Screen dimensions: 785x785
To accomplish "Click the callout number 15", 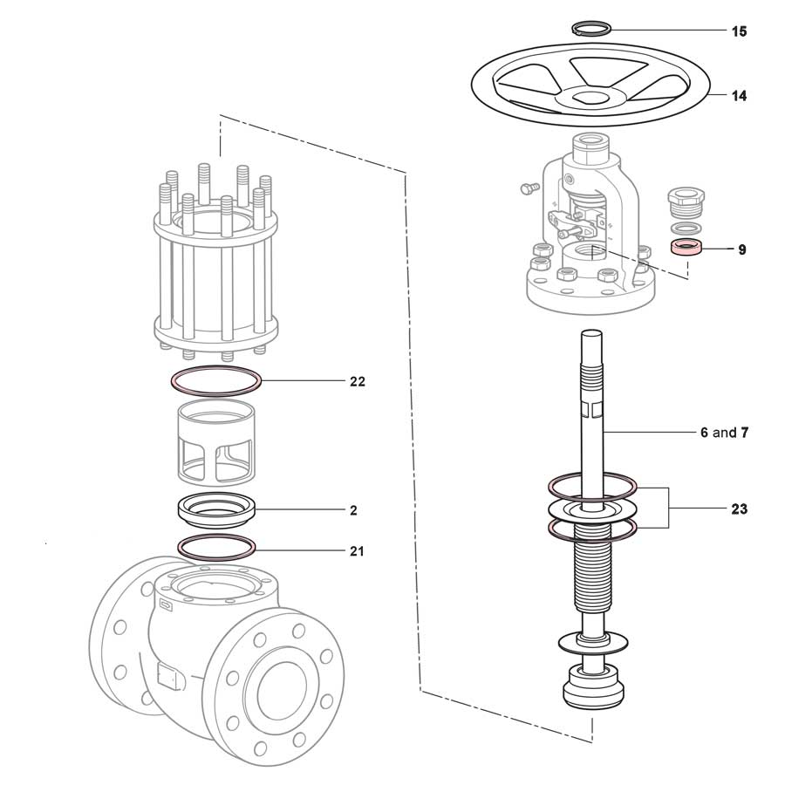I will point(739,32).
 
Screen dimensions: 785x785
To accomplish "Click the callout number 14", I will point(739,96).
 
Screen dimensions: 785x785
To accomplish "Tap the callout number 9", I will point(741,249).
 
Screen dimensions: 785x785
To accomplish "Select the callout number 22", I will point(357,382).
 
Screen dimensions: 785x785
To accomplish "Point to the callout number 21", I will point(357,551).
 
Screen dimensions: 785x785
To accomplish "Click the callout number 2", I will point(353,510).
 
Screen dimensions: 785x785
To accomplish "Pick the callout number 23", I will point(739,509).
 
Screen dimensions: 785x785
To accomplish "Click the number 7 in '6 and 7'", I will point(745,433).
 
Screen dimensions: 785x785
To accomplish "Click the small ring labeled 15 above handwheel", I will point(592,28).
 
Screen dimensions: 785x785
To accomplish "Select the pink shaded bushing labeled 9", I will point(686,248).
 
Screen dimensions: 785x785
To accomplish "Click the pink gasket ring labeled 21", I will point(216,547).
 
